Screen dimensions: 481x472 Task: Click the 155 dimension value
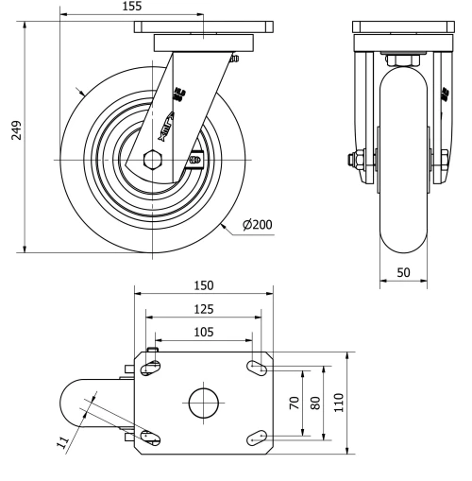(x=132, y=7)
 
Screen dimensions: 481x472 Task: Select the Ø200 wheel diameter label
(x=258, y=225)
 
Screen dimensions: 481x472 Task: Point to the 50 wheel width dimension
(x=403, y=272)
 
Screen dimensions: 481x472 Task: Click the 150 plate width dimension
(x=204, y=285)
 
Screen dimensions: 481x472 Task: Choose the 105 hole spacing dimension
(x=204, y=332)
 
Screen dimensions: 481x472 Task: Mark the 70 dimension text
(x=295, y=402)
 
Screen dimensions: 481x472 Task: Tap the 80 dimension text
(x=317, y=402)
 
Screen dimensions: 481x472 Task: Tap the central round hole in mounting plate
(x=203, y=404)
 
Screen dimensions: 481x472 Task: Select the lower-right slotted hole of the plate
(x=258, y=436)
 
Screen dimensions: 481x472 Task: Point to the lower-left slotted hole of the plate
(x=149, y=436)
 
